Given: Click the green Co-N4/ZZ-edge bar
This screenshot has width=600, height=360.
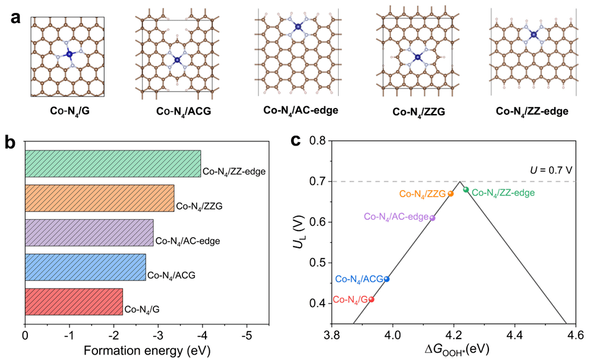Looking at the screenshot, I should (x=113, y=163).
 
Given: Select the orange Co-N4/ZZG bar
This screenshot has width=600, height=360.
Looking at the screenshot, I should (x=99, y=198).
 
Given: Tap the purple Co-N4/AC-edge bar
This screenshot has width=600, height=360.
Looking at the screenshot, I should (x=89, y=233).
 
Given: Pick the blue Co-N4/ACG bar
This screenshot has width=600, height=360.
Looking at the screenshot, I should (x=85, y=267).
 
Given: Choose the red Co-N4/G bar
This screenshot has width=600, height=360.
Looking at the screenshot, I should (x=74, y=302).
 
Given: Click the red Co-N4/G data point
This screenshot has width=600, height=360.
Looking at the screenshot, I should (x=372, y=299).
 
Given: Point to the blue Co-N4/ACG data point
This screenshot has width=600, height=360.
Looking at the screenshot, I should (x=387, y=279).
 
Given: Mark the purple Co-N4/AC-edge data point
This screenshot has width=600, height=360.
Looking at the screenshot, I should (x=432, y=218).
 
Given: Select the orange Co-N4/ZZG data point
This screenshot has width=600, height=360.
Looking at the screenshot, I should (x=451, y=194).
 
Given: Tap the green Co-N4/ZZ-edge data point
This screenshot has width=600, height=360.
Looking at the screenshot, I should (x=466, y=190).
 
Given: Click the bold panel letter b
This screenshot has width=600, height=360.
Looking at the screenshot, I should (x=10, y=142).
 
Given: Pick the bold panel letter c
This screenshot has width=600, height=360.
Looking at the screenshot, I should (x=295, y=141).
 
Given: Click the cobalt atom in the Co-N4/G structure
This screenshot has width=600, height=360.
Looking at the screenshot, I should (x=69, y=54).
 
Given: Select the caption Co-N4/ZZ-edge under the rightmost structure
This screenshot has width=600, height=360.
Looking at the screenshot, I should (x=532, y=110).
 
